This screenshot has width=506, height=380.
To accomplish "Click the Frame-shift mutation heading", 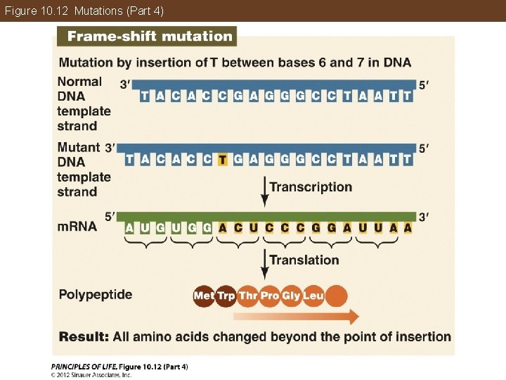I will pos(149,37).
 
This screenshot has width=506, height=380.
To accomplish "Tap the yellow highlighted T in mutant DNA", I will pos(222,160).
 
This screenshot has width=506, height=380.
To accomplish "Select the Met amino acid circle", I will pos(204,296).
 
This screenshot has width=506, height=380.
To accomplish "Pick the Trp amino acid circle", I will pos(226,296).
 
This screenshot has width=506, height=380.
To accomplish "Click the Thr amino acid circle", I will pos(248,296).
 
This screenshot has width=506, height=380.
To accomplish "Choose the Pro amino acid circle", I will pos(270,296).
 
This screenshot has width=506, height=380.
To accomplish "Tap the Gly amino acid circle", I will pos(292,296).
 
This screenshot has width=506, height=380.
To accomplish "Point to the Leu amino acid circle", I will pos(313,296).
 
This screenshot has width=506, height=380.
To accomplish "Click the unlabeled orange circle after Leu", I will pos(337,296).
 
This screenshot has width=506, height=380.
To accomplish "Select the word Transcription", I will pos(311,187).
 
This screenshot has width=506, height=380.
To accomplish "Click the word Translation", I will pos(304,260).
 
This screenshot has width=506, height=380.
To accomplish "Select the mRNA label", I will pos(77,227).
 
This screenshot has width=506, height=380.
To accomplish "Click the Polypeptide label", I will pos(96,294).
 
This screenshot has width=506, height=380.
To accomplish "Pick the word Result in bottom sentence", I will pos(83,336).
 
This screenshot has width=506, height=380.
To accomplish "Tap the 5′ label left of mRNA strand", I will pos(110,215).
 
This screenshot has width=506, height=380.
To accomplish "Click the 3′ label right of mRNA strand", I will pos(423,215).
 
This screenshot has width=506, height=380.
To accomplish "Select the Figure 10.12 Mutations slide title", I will pos(84,11).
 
